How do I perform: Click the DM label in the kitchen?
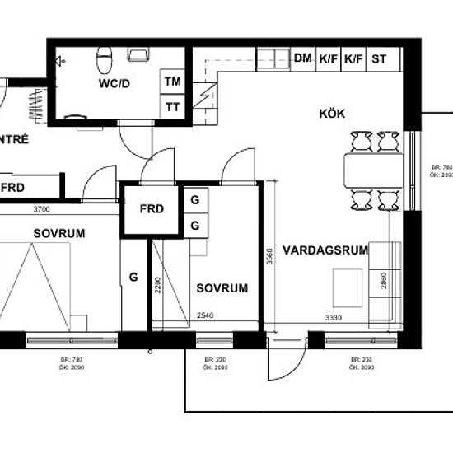[x=302, y=58]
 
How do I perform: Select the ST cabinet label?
[x=380, y=58]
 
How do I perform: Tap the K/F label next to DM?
[x=329, y=58]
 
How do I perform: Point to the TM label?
[x=172, y=82]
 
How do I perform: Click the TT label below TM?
[x=172, y=106]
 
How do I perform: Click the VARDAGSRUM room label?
[x=320, y=250]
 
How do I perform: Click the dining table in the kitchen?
[x=372, y=170]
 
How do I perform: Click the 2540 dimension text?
[x=206, y=315]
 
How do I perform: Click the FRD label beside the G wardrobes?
[x=152, y=209]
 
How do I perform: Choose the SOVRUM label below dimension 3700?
[x=59, y=233]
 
